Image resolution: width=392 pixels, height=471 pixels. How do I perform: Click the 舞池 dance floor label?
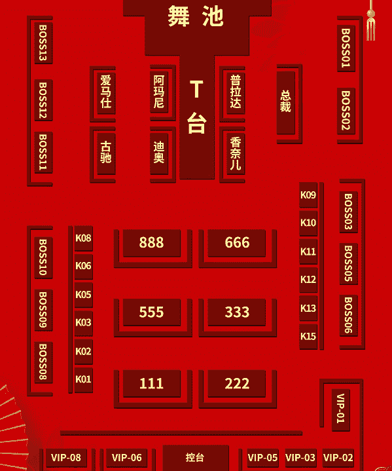tap(196, 16)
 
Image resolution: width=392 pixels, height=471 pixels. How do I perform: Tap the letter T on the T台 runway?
tap(196, 89)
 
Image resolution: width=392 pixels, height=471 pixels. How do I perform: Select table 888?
tap(152, 243)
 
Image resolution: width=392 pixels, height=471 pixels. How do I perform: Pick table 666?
tap(237, 243)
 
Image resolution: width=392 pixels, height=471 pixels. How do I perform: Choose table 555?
tap(152, 312)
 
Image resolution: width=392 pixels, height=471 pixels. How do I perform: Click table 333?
tap(237, 312)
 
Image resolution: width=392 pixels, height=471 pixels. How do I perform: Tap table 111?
tap(152, 384)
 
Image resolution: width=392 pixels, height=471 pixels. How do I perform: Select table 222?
tap(237, 384)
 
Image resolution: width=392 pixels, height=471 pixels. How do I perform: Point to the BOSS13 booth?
tap(43, 43)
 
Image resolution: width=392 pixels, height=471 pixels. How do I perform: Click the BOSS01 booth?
tap(346, 48)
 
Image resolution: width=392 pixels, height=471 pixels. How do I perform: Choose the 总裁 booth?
tap(286, 102)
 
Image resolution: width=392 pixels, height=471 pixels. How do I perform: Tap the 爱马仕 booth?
tap(106, 92)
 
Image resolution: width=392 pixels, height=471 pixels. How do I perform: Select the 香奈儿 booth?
tap(236, 153)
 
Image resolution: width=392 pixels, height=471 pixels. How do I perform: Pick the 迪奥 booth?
tap(159, 153)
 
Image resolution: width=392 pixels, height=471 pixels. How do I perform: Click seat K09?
tap(308, 195)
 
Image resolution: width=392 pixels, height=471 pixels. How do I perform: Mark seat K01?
tap(84, 379)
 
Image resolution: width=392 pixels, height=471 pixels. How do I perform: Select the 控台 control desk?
tap(196, 457)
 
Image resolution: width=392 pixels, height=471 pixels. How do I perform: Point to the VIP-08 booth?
tap(66, 458)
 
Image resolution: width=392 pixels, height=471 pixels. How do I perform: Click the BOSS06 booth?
tap(348, 315)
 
